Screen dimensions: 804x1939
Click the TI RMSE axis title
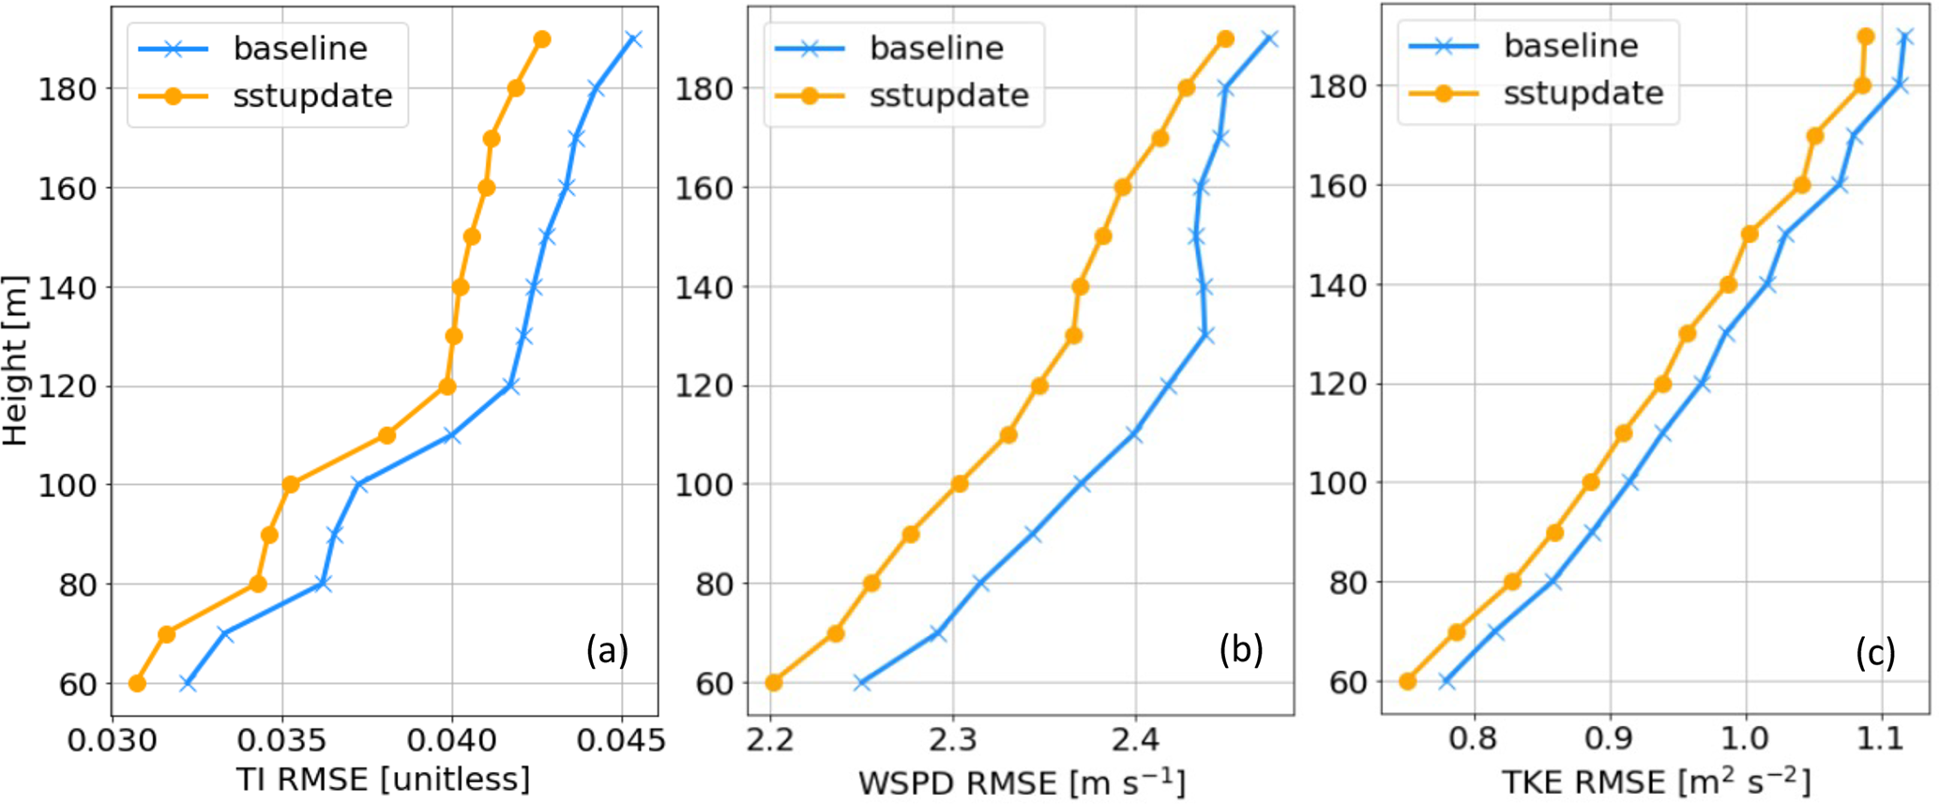tap(383, 779)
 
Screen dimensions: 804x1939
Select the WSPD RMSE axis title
tap(1021, 781)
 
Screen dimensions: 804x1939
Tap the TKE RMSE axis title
tap(1656, 781)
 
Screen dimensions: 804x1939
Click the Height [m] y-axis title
tap(16, 360)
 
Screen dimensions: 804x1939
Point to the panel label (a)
tap(607, 649)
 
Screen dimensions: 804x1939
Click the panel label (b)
tap(1240, 649)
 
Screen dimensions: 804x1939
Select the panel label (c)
tap(1874, 651)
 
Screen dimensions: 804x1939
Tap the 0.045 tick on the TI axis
tap(622, 741)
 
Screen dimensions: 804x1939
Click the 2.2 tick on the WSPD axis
tap(770, 741)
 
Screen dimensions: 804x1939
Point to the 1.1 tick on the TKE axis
tap(1882, 739)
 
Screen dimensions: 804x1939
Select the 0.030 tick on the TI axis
tap(114, 741)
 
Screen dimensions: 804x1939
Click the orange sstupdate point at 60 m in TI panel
tap(137, 683)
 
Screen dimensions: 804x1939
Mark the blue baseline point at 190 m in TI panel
tap(633, 39)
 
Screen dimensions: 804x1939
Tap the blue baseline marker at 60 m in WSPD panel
tap(861, 683)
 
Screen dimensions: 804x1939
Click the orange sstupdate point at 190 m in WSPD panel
tap(1225, 39)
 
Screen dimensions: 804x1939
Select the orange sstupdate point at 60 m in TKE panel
tap(1407, 681)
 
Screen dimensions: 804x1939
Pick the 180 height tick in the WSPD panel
tap(710, 89)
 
